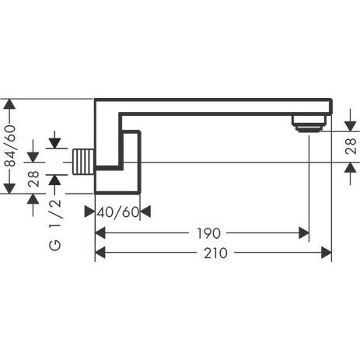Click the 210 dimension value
tap(215, 253)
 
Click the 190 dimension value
tap(208, 233)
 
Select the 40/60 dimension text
tap(118, 212)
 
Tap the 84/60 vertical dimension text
tap(10, 145)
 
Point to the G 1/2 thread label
tap(55, 225)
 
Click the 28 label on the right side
tap(351, 146)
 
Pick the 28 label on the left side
tap(33, 179)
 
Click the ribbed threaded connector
tap(82, 162)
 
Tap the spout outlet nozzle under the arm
tap(309, 124)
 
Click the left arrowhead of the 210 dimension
tap(100, 253)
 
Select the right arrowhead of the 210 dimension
tap(327, 253)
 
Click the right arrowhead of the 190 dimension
tap(304, 233)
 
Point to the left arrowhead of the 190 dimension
tap(100, 233)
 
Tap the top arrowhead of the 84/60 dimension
tap(9, 104)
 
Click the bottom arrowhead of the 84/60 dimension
tap(9, 188)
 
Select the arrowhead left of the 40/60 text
tap(89, 211)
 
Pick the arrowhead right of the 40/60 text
tap(145, 211)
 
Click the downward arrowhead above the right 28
tap(351, 126)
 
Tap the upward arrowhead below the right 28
tap(351, 168)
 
